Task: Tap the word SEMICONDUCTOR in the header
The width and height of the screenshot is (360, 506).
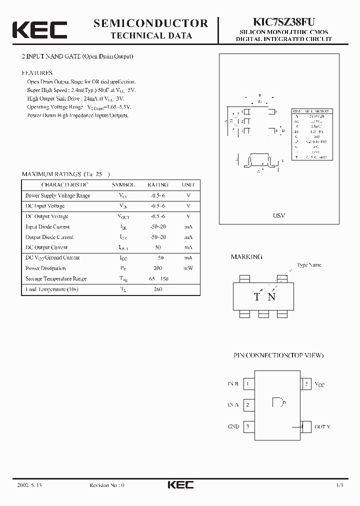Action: pyautogui.click(x=150, y=23)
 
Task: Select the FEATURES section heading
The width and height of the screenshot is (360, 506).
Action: pyautogui.click(x=37, y=73)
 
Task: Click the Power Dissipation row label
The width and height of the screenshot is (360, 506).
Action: pyautogui.click(x=45, y=268)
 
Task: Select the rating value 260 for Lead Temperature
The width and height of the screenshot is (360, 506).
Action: pyautogui.click(x=157, y=289)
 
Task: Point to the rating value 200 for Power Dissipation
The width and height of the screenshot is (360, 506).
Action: pyautogui.click(x=157, y=268)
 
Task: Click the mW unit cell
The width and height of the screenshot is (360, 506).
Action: pyautogui.click(x=188, y=268)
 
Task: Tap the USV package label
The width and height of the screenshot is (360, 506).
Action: pyautogui.click(x=279, y=215)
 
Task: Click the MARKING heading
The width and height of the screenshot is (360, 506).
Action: pyautogui.click(x=246, y=256)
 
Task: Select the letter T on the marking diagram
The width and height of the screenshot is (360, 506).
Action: pyautogui.click(x=256, y=297)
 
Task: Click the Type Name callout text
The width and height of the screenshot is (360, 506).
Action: pyautogui.click(x=308, y=265)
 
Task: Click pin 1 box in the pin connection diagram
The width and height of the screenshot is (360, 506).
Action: pyautogui.click(x=248, y=384)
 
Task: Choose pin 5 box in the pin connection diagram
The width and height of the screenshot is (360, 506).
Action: pyautogui.click(x=306, y=384)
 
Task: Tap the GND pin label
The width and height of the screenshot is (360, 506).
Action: pyautogui.click(x=233, y=427)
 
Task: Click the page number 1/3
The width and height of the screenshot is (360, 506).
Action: pyautogui.click(x=339, y=485)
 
